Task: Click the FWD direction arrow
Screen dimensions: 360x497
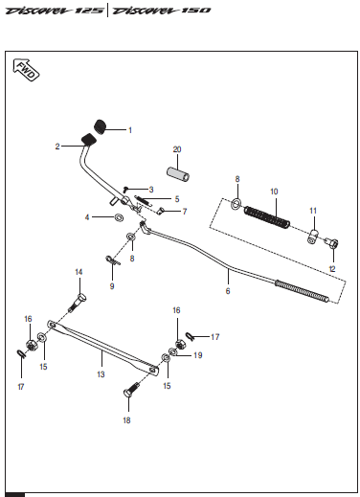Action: pyautogui.click(x=26, y=70)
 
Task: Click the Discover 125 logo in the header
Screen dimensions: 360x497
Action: pyautogui.click(x=55, y=11)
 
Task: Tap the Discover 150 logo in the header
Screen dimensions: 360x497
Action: pyautogui.click(x=162, y=11)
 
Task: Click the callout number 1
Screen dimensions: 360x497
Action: pyautogui.click(x=130, y=130)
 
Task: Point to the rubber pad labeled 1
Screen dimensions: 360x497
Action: pyautogui.click(x=101, y=126)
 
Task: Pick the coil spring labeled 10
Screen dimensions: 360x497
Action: pyautogui.click(x=267, y=217)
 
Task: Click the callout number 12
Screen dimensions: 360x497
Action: pyautogui.click(x=332, y=269)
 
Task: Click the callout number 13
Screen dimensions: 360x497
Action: pyautogui.click(x=101, y=374)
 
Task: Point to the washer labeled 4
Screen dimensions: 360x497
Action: pyautogui.click(x=120, y=217)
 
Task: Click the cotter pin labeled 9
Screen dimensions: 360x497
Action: pyautogui.click(x=112, y=260)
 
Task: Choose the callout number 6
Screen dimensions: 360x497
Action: pyautogui.click(x=228, y=291)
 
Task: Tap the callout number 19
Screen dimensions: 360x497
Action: pyautogui.click(x=198, y=355)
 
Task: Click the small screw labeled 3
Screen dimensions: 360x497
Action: pyautogui.click(x=126, y=189)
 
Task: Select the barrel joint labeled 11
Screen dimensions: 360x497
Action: pyautogui.click(x=313, y=237)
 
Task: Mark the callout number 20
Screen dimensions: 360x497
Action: pyautogui.click(x=177, y=149)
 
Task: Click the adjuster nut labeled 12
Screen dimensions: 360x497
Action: pyautogui.click(x=331, y=243)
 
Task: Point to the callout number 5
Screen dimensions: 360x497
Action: pyautogui.click(x=177, y=199)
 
